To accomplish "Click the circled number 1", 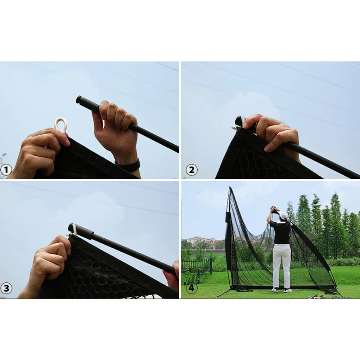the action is point(6,170).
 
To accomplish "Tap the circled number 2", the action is point(192,170).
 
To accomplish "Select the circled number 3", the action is point(6,288).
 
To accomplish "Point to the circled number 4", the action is point(191,288).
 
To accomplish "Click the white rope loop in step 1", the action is point(60,125).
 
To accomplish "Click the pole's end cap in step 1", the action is point(79,99).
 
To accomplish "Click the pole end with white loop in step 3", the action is point(73,229).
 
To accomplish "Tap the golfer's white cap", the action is point(284,215).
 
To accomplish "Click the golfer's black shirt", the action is point(280,231).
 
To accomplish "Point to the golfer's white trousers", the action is point(282,266).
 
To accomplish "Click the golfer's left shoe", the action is point(275,290).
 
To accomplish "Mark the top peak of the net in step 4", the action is point(230,187).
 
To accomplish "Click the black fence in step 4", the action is point(197,269).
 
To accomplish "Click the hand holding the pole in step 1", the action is point(115,124).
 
